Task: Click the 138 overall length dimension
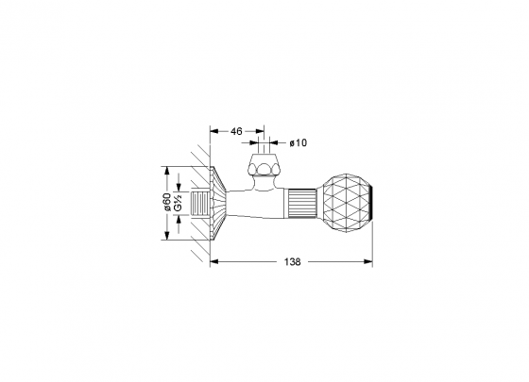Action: pos(292,262)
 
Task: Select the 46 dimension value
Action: pos(236,131)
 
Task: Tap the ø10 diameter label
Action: pos(299,142)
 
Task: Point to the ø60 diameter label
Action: pos(167,203)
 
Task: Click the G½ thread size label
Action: pos(179,203)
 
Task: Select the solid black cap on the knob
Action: pos(370,204)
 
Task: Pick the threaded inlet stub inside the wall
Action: pos(200,203)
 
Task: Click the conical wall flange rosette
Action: pos(218,203)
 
